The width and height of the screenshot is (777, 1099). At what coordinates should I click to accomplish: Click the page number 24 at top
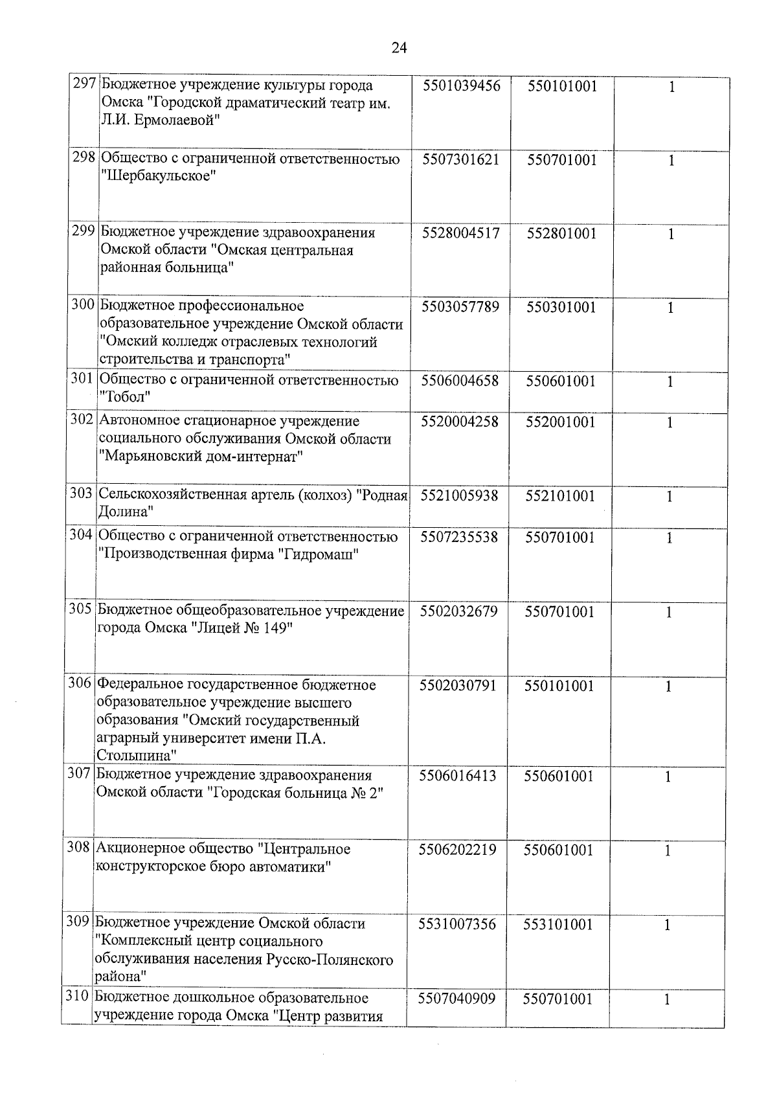pos(399,47)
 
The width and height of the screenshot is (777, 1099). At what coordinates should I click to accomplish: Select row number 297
pos(85,85)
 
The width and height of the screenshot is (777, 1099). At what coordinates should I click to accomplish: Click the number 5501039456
pos(462,85)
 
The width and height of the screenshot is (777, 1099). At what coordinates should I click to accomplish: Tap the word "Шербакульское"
pos(157,176)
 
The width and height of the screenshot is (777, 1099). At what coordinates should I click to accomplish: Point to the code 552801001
pos(561,233)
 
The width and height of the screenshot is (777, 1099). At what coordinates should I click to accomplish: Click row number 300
pos(83,305)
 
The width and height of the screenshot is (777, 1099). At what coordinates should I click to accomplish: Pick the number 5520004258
pos(460,422)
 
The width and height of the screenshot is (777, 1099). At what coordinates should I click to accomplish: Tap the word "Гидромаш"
pos(317,554)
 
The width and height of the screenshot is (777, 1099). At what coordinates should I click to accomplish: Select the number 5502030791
pos(458,685)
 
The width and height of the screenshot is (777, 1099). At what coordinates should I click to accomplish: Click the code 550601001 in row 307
pos(559,776)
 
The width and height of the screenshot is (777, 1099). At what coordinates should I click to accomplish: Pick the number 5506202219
pos(457,850)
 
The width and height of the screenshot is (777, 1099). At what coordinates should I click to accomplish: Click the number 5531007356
pos(457,924)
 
